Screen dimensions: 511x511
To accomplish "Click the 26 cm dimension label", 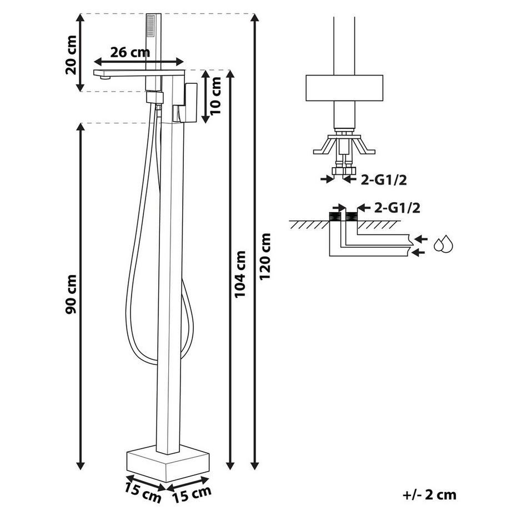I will coord(130,53).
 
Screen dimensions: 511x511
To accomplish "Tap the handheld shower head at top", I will coord(150,26).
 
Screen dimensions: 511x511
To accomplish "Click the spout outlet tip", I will coord(103,77).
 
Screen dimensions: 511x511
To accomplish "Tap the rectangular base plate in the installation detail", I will coord(344,88).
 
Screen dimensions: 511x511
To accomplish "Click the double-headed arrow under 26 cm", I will coord(139,62).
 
